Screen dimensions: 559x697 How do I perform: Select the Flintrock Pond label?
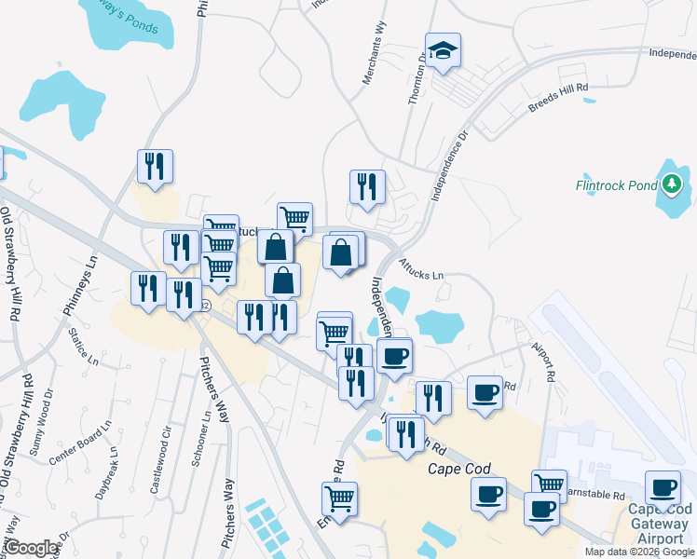tap(616, 184)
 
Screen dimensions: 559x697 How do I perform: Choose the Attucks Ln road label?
tap(421, 270)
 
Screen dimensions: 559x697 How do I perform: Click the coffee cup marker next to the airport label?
tap(663, 487)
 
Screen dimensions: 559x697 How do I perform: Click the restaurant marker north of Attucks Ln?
tap(367, 185)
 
